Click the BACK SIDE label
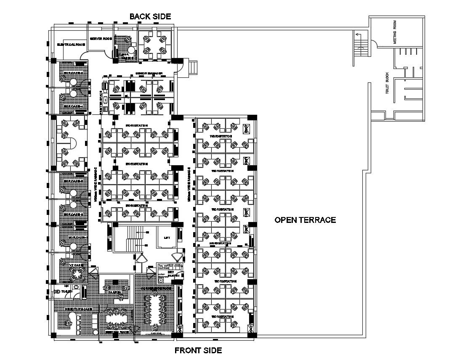(150, 16)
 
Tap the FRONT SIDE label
(198, 350)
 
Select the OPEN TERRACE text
(305, 220)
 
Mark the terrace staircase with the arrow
(361, 44)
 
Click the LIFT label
(167, 238)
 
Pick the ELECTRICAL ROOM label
(72, 44)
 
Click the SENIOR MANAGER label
(149, 74)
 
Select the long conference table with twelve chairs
(153, 309)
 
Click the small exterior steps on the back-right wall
(193, 67)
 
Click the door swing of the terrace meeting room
(374, 43)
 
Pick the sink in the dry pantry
(161, 280)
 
